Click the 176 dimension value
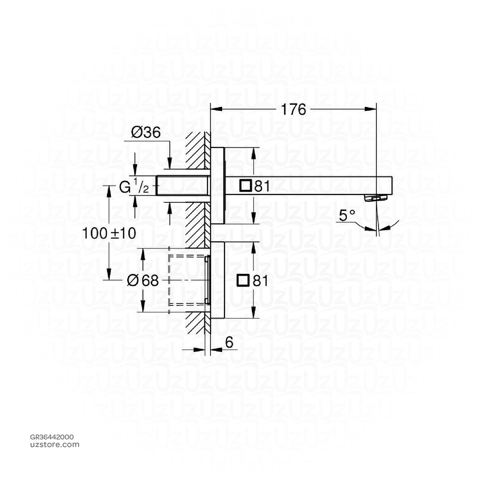pyautogui.click(x=293, y=109)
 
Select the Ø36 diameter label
pyautogui.click(x=146, y=133)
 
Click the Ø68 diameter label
pyautogui.click(x=143, y=280)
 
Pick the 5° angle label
pyautogui.click(x=346, y=216)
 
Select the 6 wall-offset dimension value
pyautogui.click(x=229, y=342)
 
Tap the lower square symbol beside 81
pyautogui.click(x=243, y=280)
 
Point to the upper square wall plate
pyautogui.click(x=217, y=186)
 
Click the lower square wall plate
pyautogui.click(x=217, y=280)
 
